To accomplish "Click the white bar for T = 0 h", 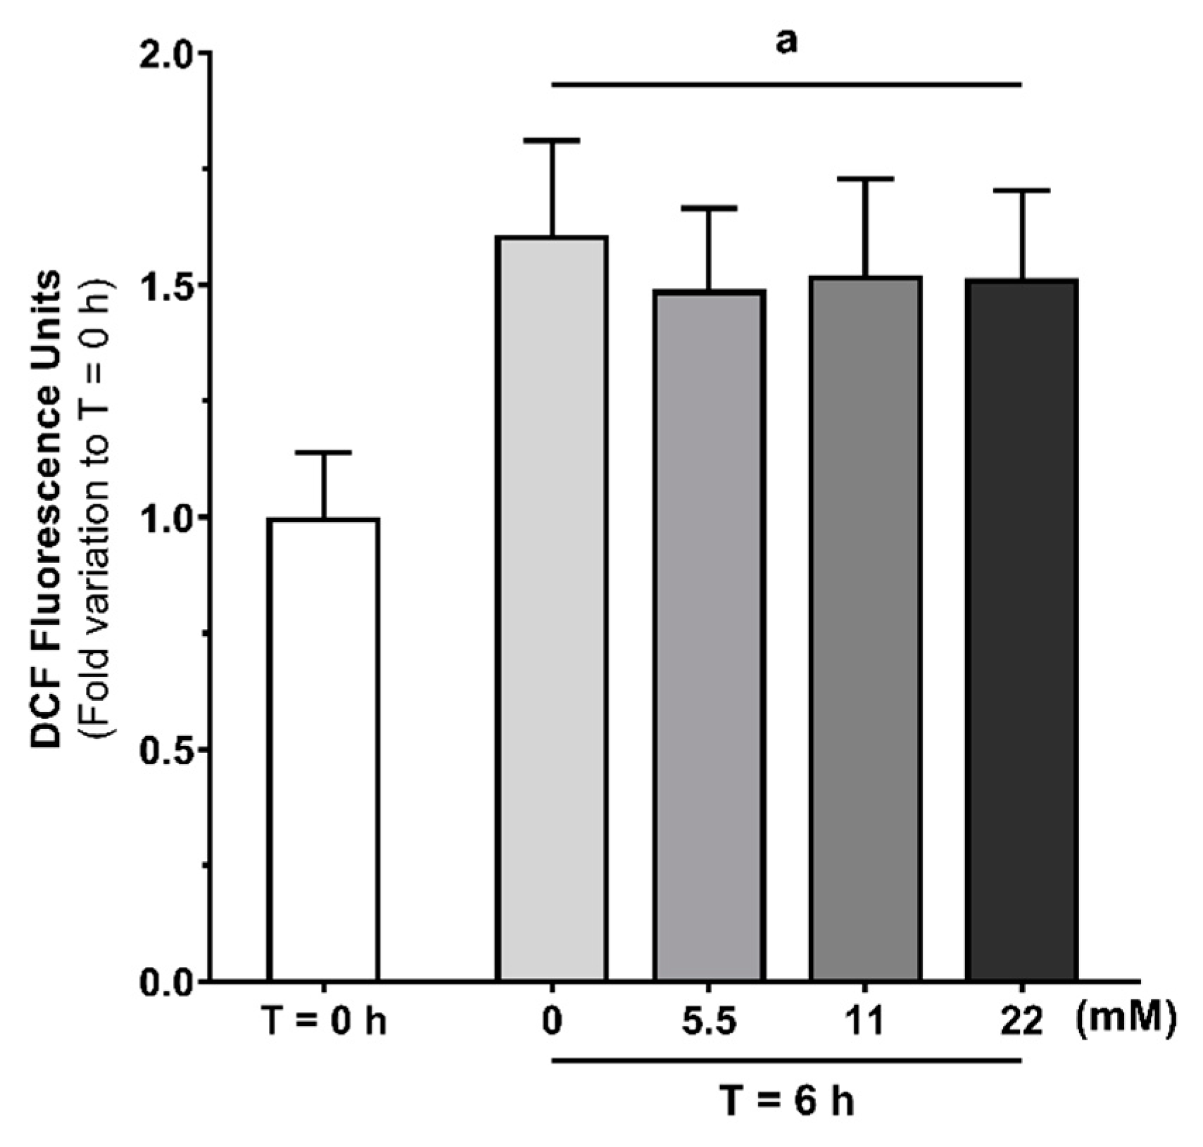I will (x=323, y=749).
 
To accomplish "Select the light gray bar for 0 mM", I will (x=553, y=609).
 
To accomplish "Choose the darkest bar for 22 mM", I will (x=1021, y=630).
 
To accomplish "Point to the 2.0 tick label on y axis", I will (x=166, y=53).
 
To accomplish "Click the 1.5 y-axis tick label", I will (x=166, y=286).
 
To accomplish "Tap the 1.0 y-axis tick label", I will (x=166, y=518).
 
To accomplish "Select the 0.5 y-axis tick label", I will (x=166, y=750).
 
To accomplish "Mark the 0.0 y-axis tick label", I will (x=166, y=982).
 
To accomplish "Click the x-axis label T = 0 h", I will (x=324, y=1021).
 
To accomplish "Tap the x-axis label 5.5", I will (x=709, y=1021).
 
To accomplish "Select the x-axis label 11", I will (x=865, y=1021).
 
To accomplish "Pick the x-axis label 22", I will (x=1021, y=1021).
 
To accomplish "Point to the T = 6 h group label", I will (x=786, y=1100).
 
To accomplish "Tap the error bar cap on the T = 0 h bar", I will (x=324, y=452).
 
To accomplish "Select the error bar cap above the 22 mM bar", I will (x=1021, y=191).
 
